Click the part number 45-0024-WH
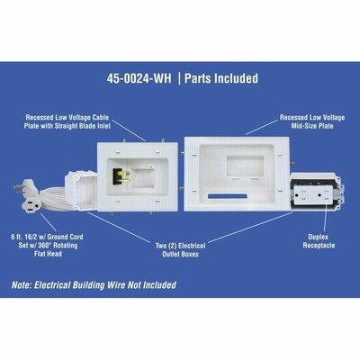point(139,78)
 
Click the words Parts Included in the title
point(221,78)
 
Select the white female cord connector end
point(29,203)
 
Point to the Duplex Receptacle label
point(319,241)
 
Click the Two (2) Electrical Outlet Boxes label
point(180,250)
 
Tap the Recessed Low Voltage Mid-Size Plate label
point(312,121)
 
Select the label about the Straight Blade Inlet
point(67,121)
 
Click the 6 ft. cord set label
point(47,245)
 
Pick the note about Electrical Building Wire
point(94,284)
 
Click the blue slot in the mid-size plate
point(227,196)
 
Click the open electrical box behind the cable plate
point(81,191)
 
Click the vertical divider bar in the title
point(179,78)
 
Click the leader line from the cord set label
point(48,222)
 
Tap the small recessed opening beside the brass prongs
point(143,178)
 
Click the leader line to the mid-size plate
point(262,127)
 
